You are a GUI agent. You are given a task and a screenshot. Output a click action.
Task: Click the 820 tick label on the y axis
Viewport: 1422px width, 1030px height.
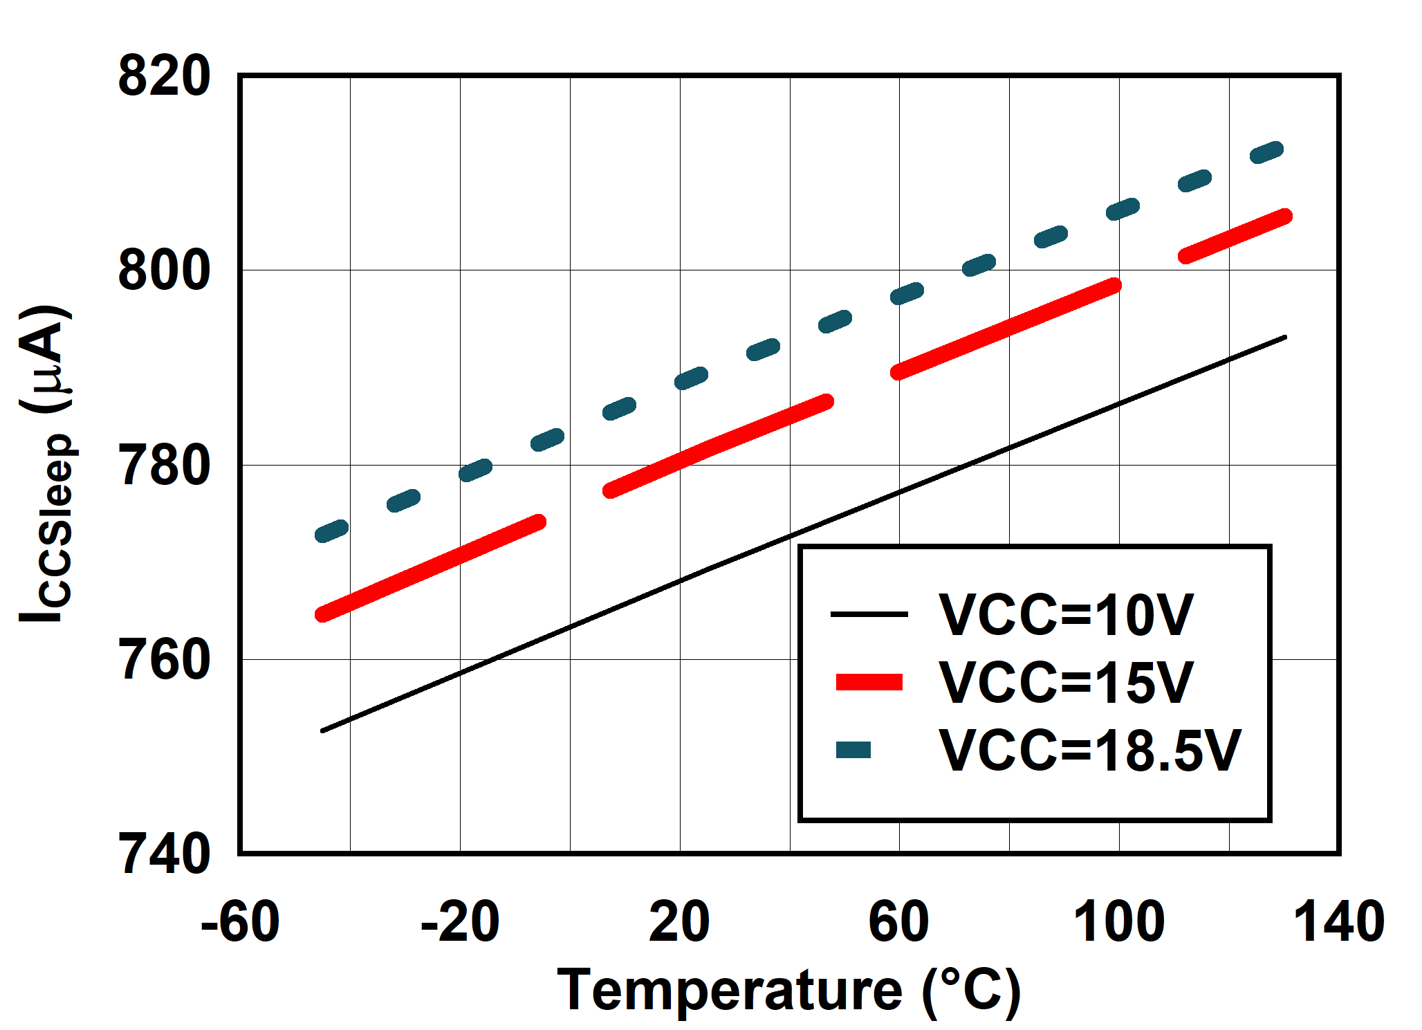point(164,76)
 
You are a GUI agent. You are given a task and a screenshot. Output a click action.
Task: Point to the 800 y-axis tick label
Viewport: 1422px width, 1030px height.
point(164,270)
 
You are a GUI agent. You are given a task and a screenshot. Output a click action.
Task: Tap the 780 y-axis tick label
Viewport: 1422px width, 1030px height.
point(164,466)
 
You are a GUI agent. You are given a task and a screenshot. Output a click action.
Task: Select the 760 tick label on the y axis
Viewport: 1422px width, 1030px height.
point(164,660)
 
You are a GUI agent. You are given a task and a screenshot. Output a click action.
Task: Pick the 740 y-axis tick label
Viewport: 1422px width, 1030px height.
point(164,854)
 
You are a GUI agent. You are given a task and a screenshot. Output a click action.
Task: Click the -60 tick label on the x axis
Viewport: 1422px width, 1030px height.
point(240,921)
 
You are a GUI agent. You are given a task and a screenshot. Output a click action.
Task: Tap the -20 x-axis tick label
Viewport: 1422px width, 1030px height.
point(460,921)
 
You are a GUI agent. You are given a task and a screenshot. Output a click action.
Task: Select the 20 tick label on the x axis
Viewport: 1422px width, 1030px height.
point(679,921)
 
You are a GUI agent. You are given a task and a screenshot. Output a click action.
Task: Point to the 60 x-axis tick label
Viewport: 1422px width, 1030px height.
point(899,921)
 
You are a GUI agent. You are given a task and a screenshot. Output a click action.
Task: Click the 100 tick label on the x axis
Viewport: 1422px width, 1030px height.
point(1118,921)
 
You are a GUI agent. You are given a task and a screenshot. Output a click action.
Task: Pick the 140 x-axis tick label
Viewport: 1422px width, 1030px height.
point(1339,921)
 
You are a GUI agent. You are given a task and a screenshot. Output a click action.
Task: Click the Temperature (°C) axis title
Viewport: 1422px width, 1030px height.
point(788,991)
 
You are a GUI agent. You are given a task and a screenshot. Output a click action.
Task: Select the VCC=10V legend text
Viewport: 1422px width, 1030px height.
point(1066,615)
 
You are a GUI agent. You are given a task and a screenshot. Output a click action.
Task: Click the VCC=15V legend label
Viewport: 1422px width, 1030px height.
point(1066,683)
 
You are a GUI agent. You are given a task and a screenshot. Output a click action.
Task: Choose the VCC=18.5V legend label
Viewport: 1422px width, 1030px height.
point(1090,751)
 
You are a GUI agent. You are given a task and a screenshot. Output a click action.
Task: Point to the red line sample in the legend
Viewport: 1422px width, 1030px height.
point(869,682)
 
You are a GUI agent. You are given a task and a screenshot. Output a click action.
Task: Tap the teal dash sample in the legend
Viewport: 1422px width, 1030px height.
point(853,750)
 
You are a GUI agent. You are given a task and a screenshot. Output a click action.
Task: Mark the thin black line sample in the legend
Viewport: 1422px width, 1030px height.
point(869,614)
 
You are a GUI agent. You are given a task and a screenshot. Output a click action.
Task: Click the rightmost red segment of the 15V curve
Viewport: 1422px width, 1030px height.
point(1235,237)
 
